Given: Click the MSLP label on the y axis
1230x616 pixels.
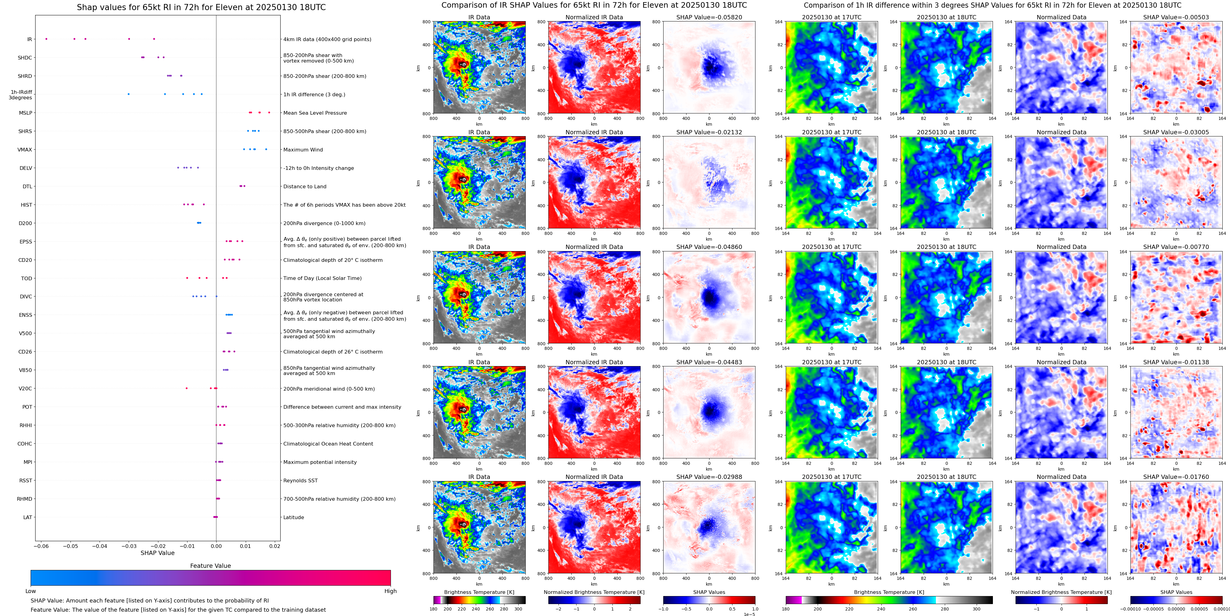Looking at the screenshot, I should click(25, 113).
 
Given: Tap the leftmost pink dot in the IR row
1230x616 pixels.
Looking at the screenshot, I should click(46, 39).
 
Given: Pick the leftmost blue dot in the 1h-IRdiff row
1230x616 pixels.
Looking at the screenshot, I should click(128, 94).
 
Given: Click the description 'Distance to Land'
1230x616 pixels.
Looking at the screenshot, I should click(305, 187).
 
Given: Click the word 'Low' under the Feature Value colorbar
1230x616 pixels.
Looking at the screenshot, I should click(31, 591).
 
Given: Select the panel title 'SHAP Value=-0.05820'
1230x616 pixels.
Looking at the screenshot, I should click(709, 17).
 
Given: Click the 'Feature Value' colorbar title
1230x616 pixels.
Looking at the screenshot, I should click(210, 566).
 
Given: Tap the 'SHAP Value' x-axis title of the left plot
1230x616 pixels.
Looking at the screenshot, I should click(157, 553).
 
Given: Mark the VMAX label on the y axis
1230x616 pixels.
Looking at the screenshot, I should click(25, 150).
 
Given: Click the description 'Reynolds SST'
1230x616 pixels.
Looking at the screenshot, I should click(300, 481).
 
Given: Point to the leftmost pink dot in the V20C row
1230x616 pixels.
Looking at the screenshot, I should click(187, 388).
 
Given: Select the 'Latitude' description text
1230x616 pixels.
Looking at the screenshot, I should click(294, 518).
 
